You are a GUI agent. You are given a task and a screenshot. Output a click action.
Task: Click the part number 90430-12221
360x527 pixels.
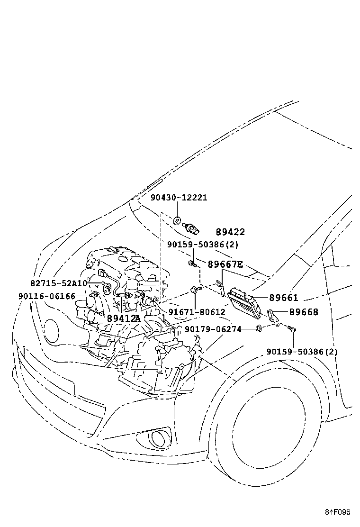[179, 198]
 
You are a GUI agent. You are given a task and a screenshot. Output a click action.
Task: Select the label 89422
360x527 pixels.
[230, 232]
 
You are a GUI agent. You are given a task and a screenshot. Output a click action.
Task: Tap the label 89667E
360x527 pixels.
[225, 264]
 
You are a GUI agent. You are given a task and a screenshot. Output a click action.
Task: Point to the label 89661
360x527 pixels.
[283, 298]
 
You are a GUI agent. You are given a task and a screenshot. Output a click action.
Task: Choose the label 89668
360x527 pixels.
[304, 312]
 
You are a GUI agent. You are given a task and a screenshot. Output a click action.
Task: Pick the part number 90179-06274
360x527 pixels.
[213, 329]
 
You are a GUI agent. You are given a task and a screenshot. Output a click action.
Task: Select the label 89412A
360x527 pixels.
[123, 318]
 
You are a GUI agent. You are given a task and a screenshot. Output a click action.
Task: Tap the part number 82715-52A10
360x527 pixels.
[59, 283]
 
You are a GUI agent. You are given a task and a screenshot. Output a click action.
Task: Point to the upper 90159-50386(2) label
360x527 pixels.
[202, 244]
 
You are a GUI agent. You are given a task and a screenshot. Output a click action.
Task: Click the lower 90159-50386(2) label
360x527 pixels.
[302, 352]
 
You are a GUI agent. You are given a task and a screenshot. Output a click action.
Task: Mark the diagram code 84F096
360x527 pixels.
[337, 512]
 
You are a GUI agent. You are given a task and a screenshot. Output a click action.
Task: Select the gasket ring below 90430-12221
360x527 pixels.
[176, 219]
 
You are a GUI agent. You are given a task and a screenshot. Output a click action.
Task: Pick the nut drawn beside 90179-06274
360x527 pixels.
[259, 328]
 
